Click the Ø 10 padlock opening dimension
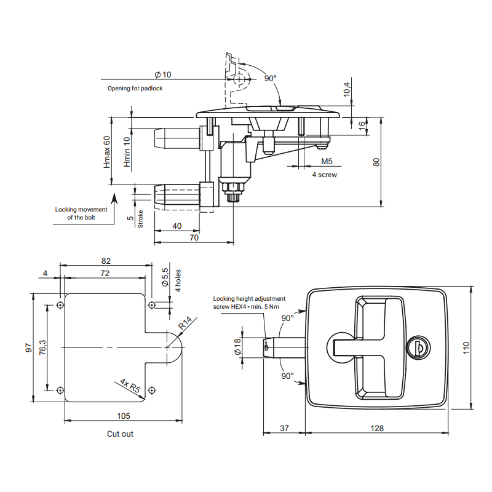tap(163, 74)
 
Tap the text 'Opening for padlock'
tap(135, 89)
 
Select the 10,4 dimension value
tap(347, 89)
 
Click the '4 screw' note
tap(324, 175)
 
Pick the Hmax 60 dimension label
tap(106, 153)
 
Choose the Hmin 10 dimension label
tap(127, 153)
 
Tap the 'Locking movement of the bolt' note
tap(81, 213)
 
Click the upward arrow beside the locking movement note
tap(113, 200)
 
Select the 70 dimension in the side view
tap(194, 237)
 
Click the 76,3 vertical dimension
tap(42, 347)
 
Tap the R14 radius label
tap(186, 322)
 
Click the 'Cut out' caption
tap(120, 434)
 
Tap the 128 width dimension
tap(377, 427)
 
